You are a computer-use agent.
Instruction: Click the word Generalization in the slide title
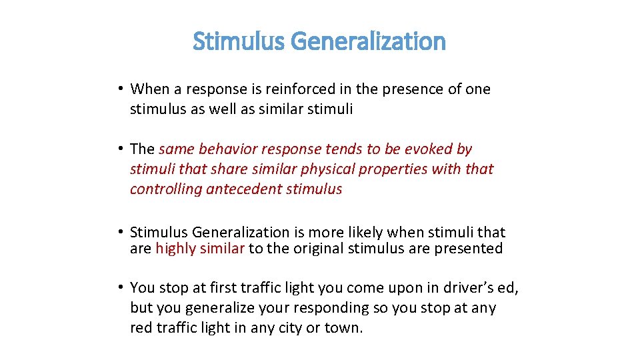click(x=368, y=42)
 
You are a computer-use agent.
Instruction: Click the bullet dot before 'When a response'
click(x=117, y=89)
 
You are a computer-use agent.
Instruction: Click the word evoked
click(x=423, y=149)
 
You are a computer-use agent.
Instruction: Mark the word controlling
click(x=166, y=189)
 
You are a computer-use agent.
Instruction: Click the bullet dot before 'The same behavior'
click(x=117, y=149)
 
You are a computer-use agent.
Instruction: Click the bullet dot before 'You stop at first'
click(x=117, y=287)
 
